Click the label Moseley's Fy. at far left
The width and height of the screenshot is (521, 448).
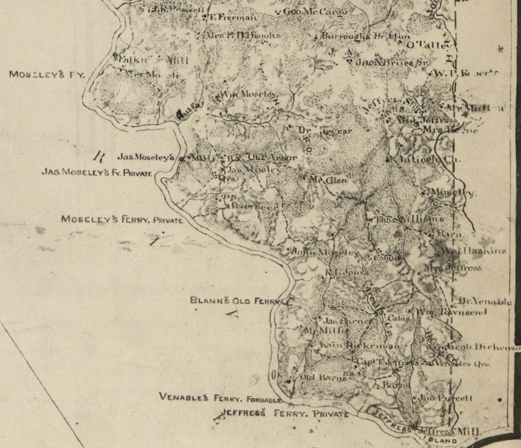tap(47, 75)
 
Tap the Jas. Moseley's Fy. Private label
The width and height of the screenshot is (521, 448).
tap(97, 173)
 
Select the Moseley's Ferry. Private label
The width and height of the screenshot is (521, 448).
tap(122, 220)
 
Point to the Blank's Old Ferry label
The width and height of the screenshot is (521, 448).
tap(235, 301)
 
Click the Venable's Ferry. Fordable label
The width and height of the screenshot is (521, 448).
tap(220, 397)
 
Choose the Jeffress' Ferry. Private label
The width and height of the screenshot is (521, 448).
tap(286, 414)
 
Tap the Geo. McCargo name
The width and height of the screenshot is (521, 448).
tap(315, 11)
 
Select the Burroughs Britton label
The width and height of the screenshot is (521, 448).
tap(366, 36)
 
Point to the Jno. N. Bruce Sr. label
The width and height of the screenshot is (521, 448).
tap(391, 62)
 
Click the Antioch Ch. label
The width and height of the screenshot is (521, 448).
tap(424, 159)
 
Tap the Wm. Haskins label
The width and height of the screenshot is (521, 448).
tap(475, 251)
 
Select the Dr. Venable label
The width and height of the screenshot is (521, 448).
tap(485, 302)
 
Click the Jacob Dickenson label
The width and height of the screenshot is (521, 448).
tap(483, 347)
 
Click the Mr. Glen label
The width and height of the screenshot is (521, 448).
tap(328, 180)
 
